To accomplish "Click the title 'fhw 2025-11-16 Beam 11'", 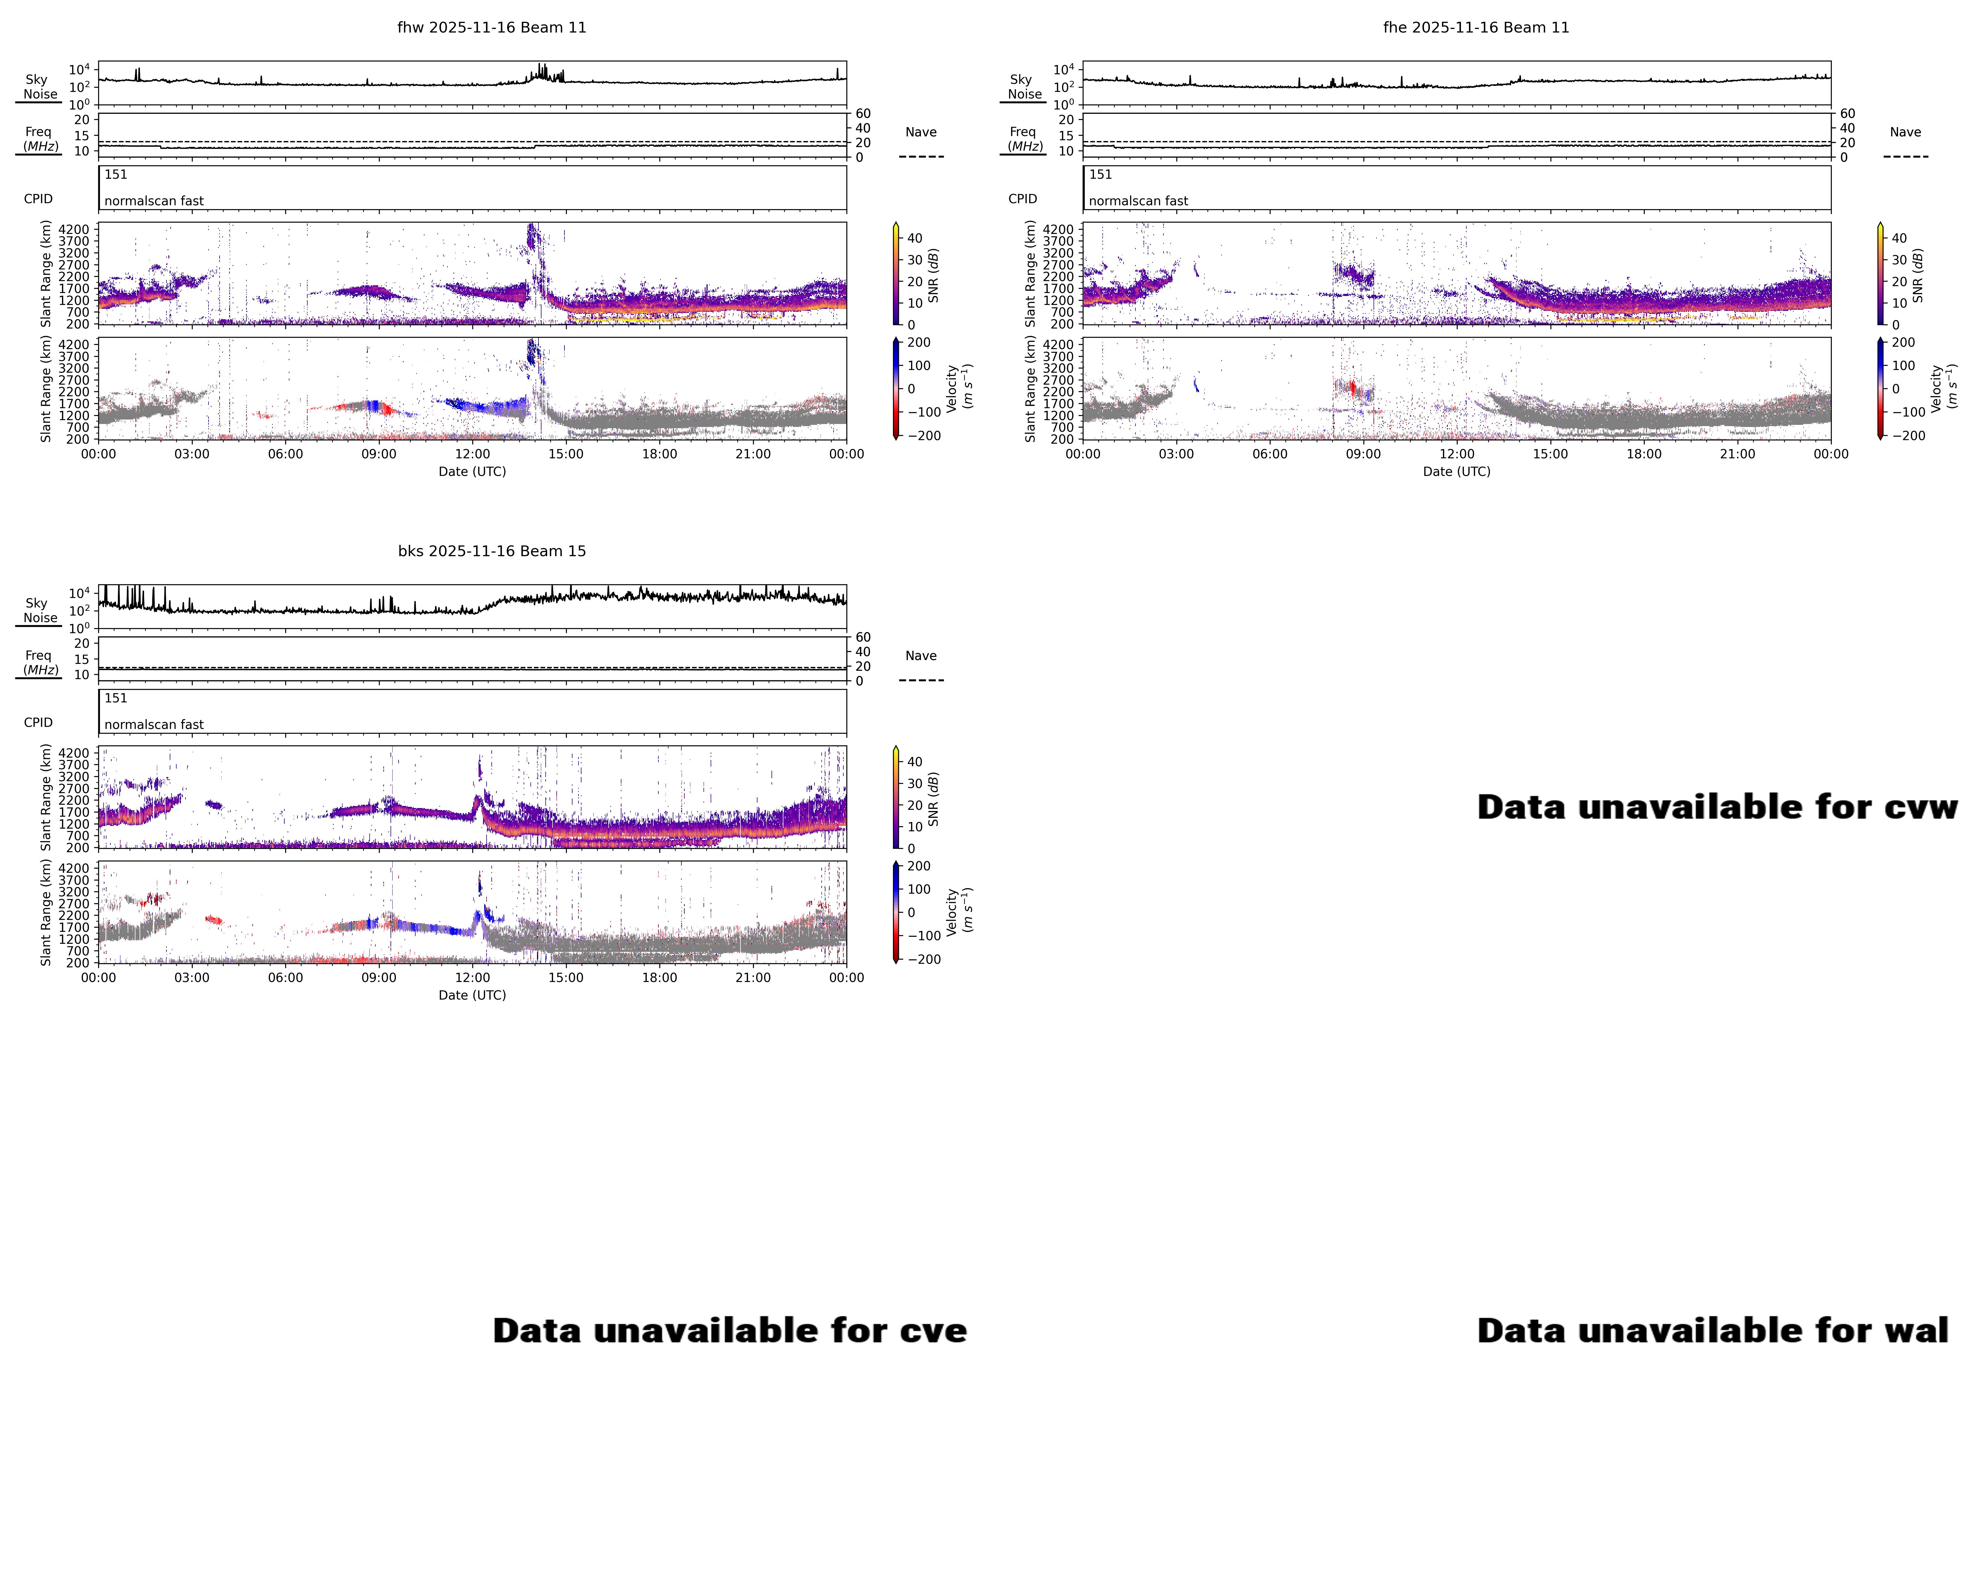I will (x=491, y=27).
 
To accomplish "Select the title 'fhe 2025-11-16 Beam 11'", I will (x=1476, y=27).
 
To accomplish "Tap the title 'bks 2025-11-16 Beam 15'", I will (x=491, y=551).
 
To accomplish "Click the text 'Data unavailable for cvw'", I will (x=1717, y=807).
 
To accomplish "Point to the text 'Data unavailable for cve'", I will (x=730, y=1331).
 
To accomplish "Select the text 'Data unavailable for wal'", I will (x=1712, y=1331).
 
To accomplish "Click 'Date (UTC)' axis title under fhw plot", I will (x=472, y=471).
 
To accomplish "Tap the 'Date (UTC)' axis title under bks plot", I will (x=472, y=995).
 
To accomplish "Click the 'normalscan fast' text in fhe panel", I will (x=1138, y=201).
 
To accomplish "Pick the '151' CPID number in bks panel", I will (x=116, y=698).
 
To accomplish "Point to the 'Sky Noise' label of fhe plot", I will (x=1023, y=87).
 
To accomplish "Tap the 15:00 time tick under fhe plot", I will (x=1550, y=454).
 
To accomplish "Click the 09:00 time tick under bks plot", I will (x=379, y=977).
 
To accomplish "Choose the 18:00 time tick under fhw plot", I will (x=659, y=454).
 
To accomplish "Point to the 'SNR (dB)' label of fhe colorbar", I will (x=1918, y=276).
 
